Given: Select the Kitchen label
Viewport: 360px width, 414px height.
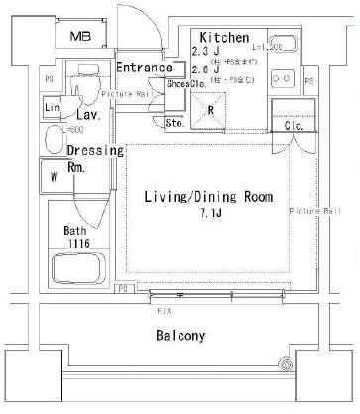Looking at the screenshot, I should coord(218,36).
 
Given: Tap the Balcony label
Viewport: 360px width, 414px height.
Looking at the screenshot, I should coord(180,336).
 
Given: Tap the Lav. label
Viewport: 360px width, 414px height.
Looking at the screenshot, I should coord(85,115).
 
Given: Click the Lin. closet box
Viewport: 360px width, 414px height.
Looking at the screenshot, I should coord(53,108).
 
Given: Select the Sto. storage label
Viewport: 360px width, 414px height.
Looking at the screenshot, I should coord(172,124).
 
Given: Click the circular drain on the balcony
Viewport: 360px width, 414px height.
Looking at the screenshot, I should coord(290,364).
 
